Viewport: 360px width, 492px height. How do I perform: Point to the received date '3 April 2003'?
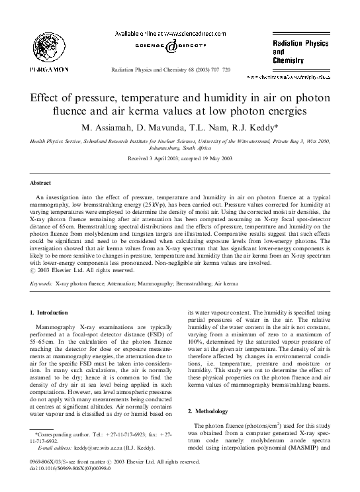[161, 159]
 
